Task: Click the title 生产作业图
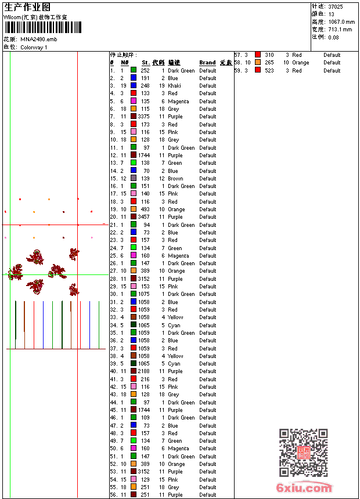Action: [27, 7]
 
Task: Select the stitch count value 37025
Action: [335, 6]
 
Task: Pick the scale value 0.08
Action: [333, 37]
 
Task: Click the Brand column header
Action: [207, 63]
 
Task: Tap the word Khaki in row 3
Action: [174, 86]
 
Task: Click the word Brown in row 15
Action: [175, 179]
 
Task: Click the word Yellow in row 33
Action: [175, 317]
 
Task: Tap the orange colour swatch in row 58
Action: [258, 63]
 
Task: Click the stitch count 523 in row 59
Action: [269, 71]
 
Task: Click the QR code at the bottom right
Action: [303, 453]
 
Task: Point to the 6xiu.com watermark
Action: [304, 489]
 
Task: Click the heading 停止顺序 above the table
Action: [124, 55]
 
